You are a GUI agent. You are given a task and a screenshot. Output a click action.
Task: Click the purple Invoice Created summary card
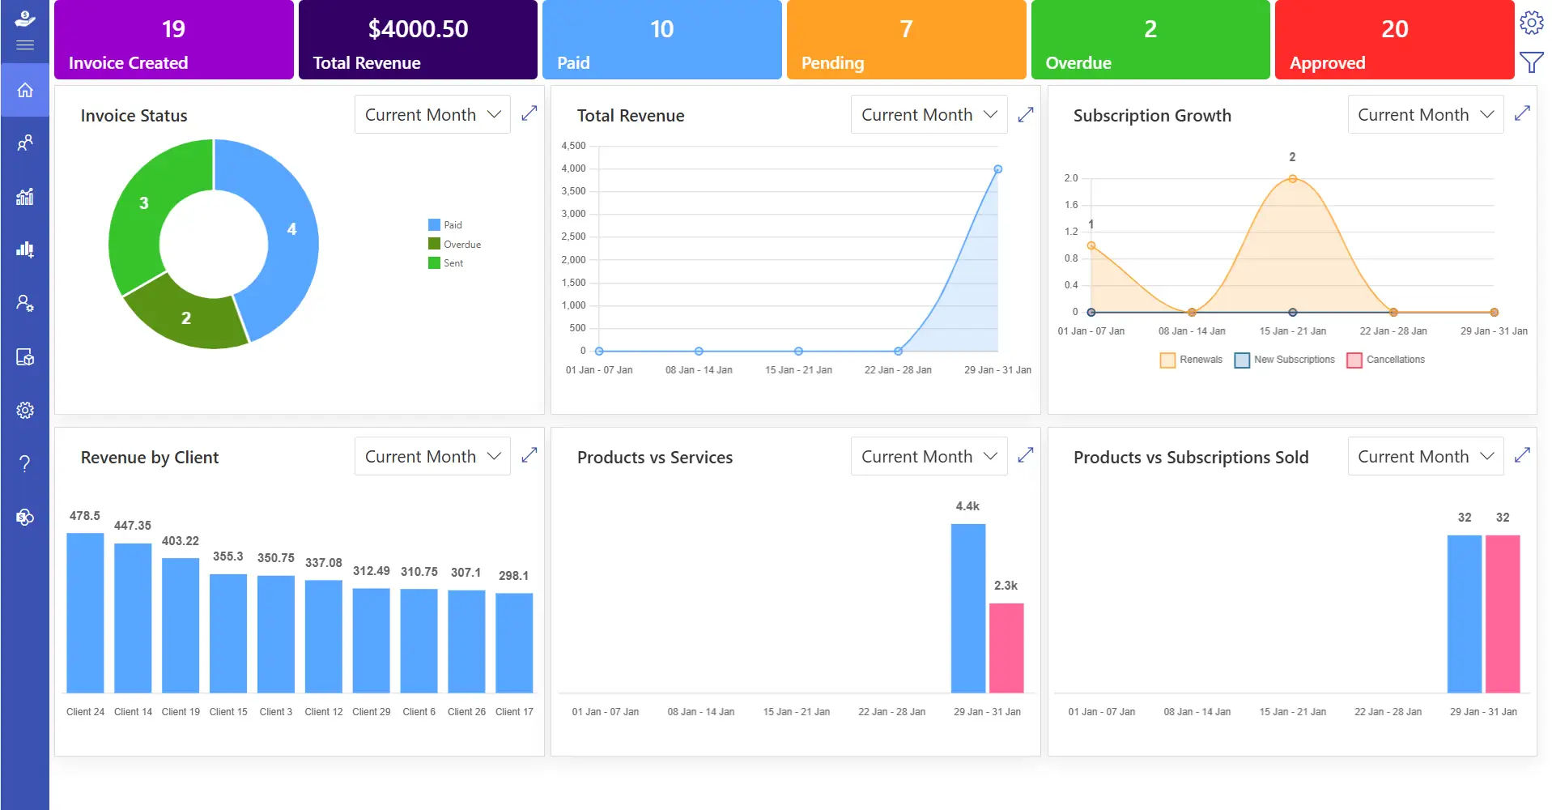point(173,40)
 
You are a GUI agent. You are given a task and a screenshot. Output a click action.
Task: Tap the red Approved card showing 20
point(1393,40)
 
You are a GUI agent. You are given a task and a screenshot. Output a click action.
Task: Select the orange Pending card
point(905,40)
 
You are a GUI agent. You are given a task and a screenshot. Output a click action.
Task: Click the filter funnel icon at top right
point(1531,62)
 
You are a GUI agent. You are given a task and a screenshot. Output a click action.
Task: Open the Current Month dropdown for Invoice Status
point(432,115)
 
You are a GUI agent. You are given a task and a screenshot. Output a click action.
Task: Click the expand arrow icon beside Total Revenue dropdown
point(1025,115)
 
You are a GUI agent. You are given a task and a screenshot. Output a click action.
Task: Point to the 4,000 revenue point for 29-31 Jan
point(997,169)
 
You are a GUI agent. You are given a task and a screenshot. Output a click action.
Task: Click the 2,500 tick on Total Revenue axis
point(573,237)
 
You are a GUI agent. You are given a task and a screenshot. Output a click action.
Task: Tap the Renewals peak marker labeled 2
point(1292,179)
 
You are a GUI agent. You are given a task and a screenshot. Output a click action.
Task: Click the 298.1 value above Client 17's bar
point(513,576)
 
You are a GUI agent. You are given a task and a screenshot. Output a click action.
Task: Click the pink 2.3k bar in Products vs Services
point(1006,648)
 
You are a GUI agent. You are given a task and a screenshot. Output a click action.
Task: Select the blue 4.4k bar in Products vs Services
point(967,607)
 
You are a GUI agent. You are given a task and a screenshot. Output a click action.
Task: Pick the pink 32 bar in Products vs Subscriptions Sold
point(1502,613)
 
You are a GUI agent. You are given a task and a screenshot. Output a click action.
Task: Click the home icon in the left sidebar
point(25,90)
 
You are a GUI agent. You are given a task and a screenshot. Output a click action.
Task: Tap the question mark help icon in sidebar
point(25,463)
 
